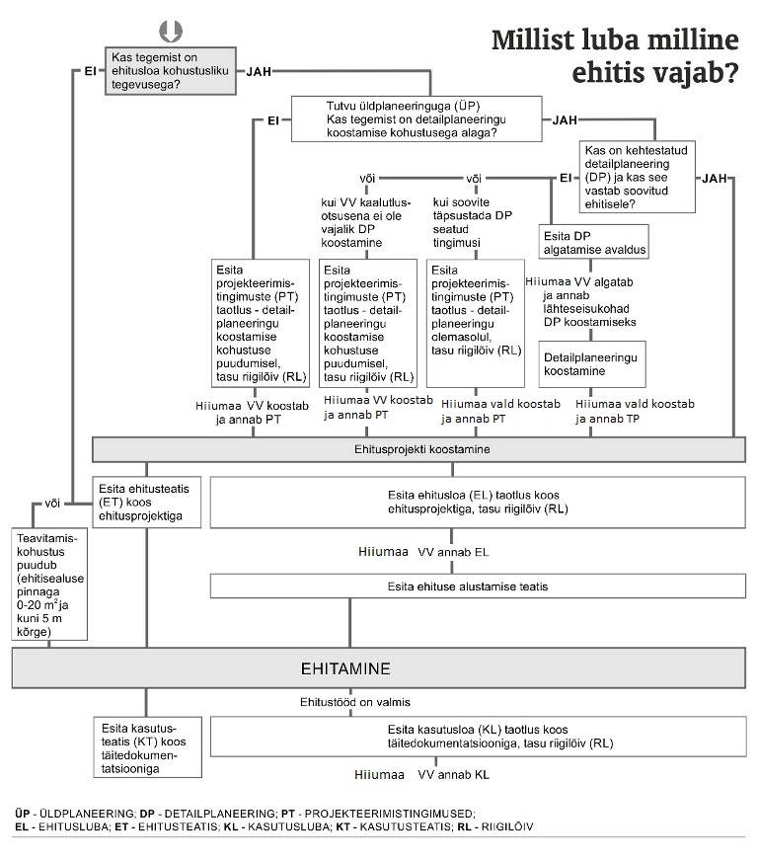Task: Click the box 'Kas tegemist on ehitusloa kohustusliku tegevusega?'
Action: point(169,71)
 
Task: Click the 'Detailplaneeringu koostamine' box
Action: point(593,364)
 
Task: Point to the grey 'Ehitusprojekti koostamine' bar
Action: point(418,449)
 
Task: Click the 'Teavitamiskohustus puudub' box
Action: point(48,585)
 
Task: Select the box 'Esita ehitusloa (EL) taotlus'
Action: point(476,503)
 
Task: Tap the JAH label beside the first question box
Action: point(259,72)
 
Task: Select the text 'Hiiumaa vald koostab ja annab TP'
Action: point(635,412)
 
